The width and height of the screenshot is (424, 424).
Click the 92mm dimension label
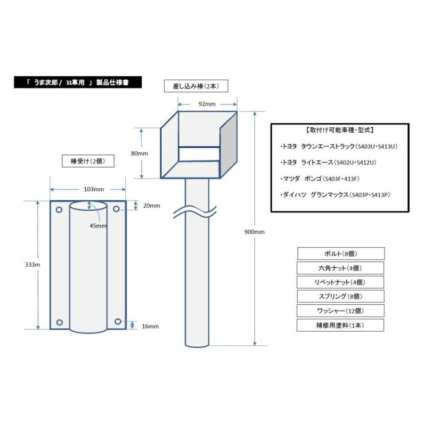tap(207, 104)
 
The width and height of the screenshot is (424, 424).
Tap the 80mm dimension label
tap(139, 154)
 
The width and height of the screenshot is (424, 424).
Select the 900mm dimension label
tap(254, 232)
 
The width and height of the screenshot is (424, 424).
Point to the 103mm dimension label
tap(94, 189)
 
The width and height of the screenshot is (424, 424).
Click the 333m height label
tap(33, 265)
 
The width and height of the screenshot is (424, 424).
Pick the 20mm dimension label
tap(152, 206)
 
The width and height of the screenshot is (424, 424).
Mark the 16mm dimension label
tap(150, 326)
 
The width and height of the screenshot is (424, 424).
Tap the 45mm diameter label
tap(98, 226)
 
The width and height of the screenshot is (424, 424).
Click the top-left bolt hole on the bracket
tap(59, 210)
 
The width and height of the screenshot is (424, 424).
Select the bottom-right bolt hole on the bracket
tap(118, 321)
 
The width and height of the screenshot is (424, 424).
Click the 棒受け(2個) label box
tap(88, 161)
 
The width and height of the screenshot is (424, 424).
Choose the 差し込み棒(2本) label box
tap(196, 86)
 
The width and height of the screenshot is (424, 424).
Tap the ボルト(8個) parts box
tap(341, 253)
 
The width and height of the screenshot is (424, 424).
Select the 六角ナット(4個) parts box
tap(341, 268)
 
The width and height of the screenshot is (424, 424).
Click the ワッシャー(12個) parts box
tap(341, 311)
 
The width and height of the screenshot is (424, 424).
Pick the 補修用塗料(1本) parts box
tap(341, 325)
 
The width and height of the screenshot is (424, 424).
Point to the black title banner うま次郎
tap(78, 82)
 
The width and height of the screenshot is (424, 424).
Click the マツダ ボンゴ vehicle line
tap(320, 179)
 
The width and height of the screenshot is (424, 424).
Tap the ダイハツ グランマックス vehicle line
tap(335, 195)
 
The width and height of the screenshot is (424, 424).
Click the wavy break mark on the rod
tap(195, 212)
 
